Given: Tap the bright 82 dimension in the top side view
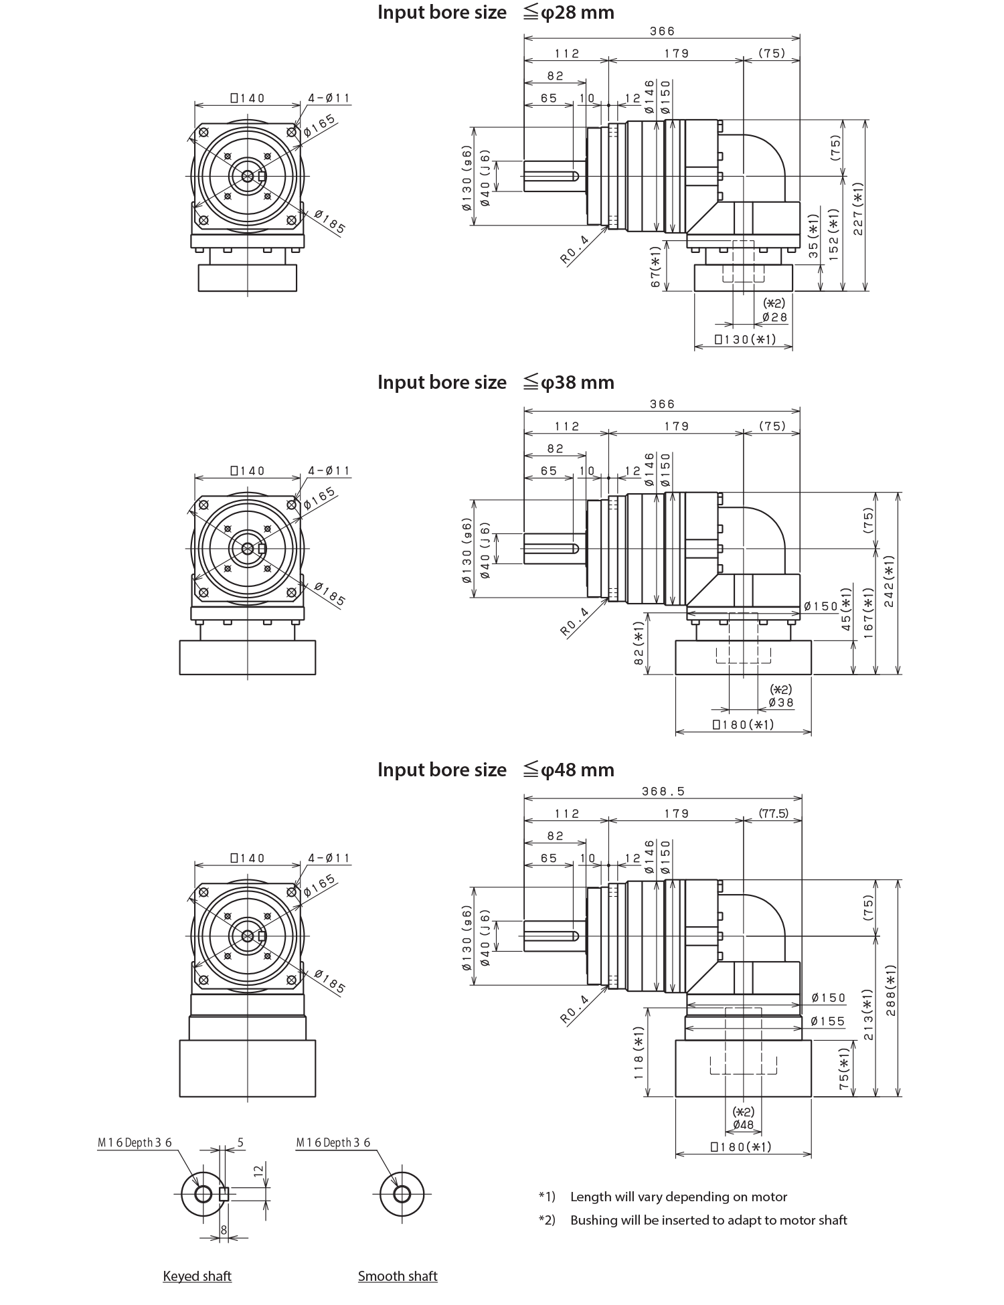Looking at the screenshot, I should tap(609, 76).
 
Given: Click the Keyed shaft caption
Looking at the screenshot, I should tap(197, 1277).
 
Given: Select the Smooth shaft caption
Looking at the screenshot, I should tap(398, 1277).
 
